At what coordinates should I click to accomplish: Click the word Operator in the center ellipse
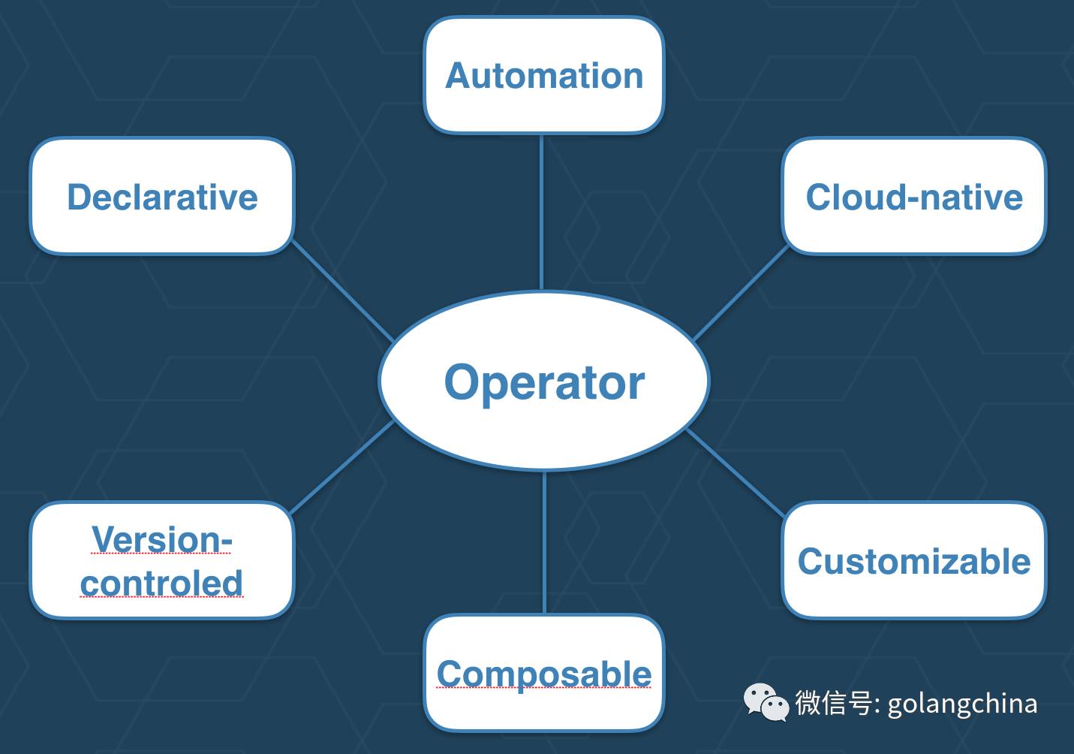[544, 382]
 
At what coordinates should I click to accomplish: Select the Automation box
[544, 75]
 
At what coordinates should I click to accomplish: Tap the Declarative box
[162, 196]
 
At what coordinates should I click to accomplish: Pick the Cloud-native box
[913, 196]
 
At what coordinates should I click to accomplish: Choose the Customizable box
[913, 561]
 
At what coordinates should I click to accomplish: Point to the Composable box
[544, 674]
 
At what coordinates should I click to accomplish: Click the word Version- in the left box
[162, 539]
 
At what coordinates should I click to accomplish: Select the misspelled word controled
[162, 583]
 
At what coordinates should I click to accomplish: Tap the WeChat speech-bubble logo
[766, 701]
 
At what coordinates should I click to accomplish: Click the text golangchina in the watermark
[962, 704]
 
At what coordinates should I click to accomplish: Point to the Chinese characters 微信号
[833, 703]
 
